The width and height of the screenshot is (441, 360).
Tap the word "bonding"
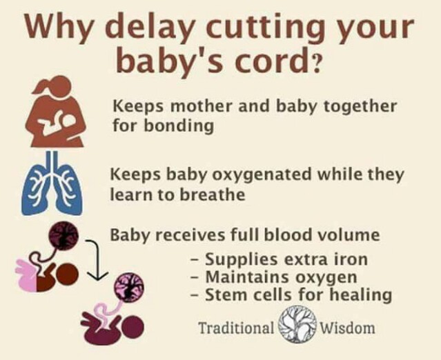click(x=179, y=126)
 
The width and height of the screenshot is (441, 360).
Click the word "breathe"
click(x=213, y=194)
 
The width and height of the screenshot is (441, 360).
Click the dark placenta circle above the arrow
click(x=63, y=236)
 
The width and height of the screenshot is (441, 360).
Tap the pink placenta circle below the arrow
click(x=129, y=286)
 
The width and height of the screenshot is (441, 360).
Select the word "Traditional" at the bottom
click(x=236, y=328)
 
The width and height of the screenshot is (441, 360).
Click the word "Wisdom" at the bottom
click(x=348, y=328)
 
